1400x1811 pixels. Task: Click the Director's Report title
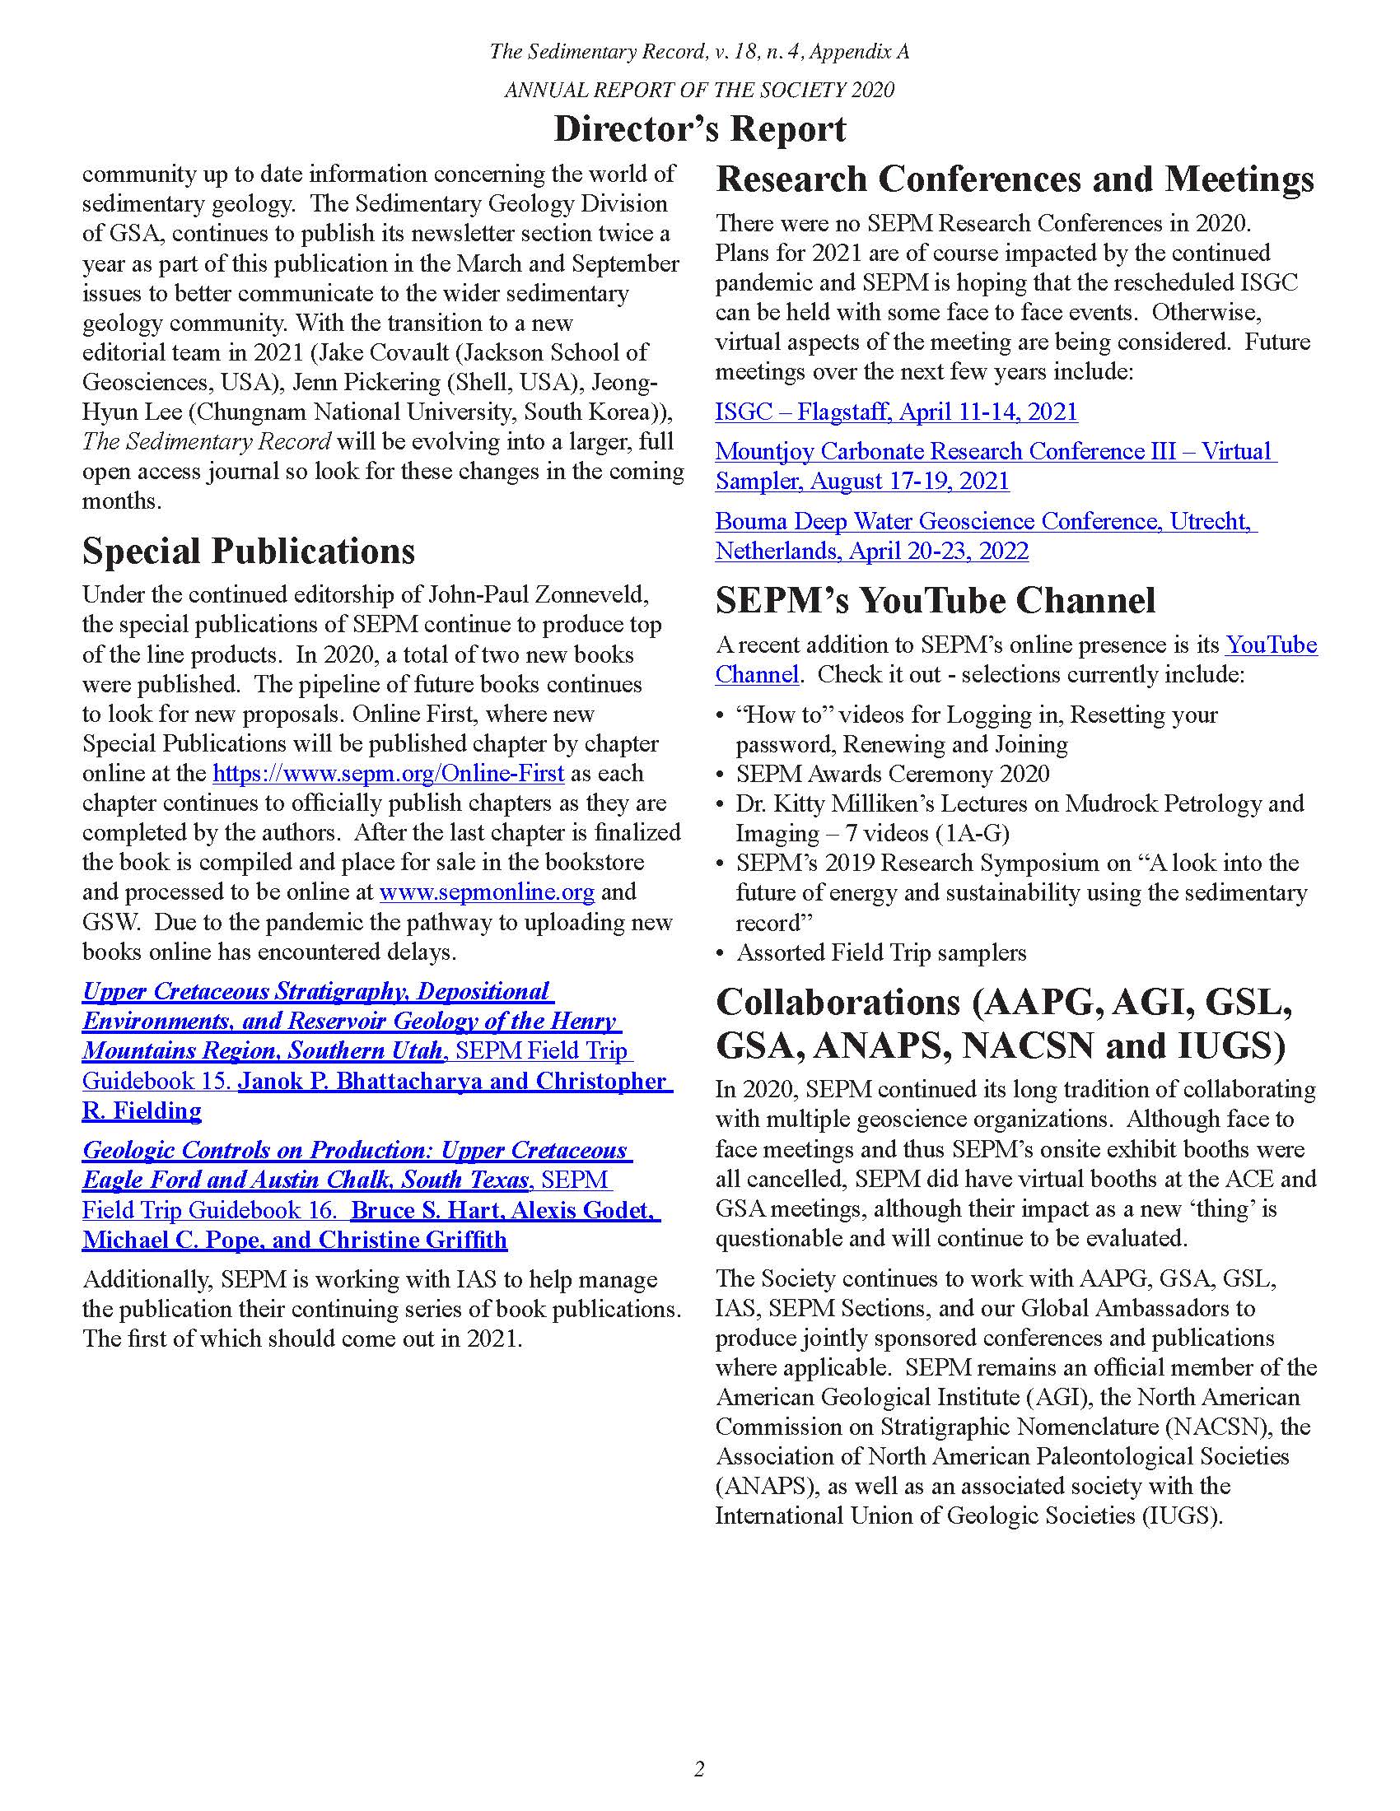click(x=699, y=130)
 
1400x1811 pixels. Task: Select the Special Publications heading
click(x=248, y=552)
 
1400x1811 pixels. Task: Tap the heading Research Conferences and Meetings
click(x=1015, y=179)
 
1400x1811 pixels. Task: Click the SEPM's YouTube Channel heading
click(x=935, y=600)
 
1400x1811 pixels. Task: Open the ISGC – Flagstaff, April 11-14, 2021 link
click(x=896, y=412)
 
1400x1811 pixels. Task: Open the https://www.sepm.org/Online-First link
click(x=388, y=774)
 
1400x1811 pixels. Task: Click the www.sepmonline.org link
click(x=487, y=892)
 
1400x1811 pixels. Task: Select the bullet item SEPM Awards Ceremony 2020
click(x=892, y=775)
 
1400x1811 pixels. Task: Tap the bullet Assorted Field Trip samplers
click(x=881, y=952)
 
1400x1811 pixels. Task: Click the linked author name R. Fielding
click(x=142, y=1111)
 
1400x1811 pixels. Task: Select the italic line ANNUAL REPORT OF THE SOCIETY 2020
click(x=699, y=90)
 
